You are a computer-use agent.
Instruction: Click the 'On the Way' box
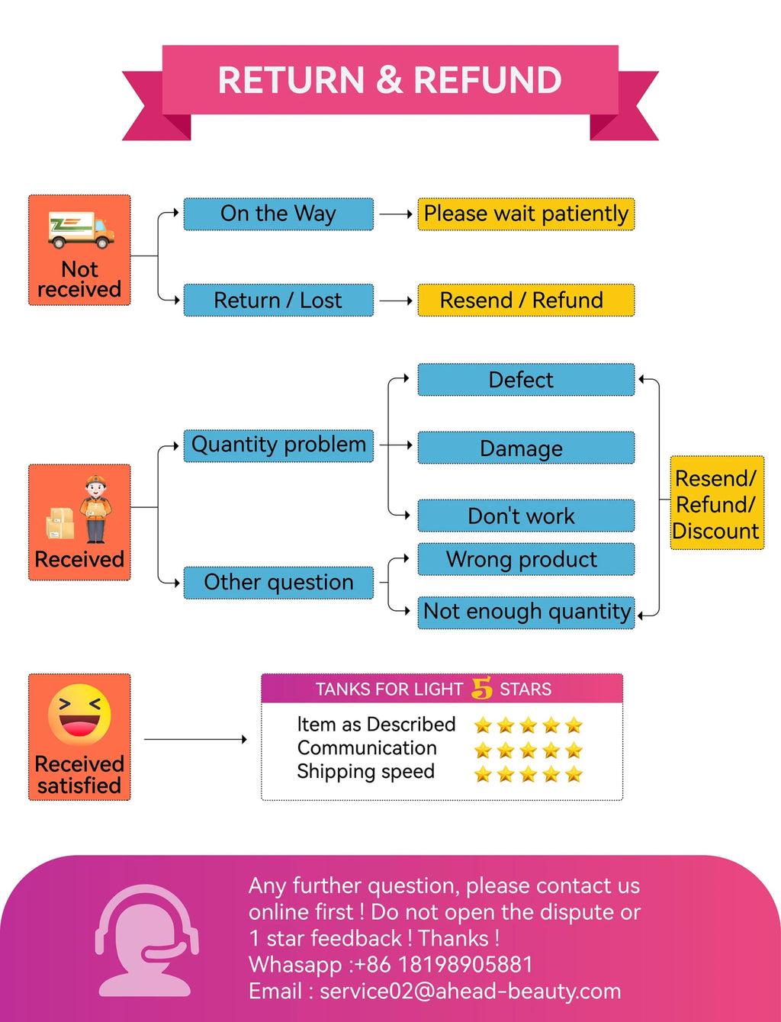point(278,214)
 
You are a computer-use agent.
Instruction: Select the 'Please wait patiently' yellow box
point(525,214)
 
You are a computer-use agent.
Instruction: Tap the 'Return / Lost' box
point(278,300)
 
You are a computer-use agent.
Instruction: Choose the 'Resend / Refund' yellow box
point(525,300)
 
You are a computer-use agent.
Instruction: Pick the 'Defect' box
point(525,380)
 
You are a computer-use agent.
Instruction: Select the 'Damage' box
point(525,448)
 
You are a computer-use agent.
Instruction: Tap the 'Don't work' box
point(525,516)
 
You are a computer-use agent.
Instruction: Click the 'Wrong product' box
point(525,559)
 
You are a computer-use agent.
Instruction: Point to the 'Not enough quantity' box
point(525,612)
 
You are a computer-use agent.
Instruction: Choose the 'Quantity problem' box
point(278,445)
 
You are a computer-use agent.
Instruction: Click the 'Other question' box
point(278,583)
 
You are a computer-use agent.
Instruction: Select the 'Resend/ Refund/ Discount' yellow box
point(717,503)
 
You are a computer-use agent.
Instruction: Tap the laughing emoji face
point(79,715)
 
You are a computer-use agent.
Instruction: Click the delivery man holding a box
point(95,509)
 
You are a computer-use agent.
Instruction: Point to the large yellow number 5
point(481,688)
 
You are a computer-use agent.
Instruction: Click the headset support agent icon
point(146,940)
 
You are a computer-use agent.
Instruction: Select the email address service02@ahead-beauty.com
point(470,991)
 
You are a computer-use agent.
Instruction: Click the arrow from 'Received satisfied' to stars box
point(195,739)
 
